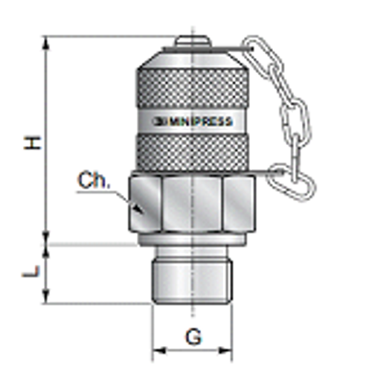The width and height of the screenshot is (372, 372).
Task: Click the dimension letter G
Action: pos(193,337)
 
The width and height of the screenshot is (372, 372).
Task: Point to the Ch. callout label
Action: pos(94,181)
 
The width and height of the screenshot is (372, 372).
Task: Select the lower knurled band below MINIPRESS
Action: pos(192,153)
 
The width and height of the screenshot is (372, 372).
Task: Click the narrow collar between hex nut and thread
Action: pos(192,241)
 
